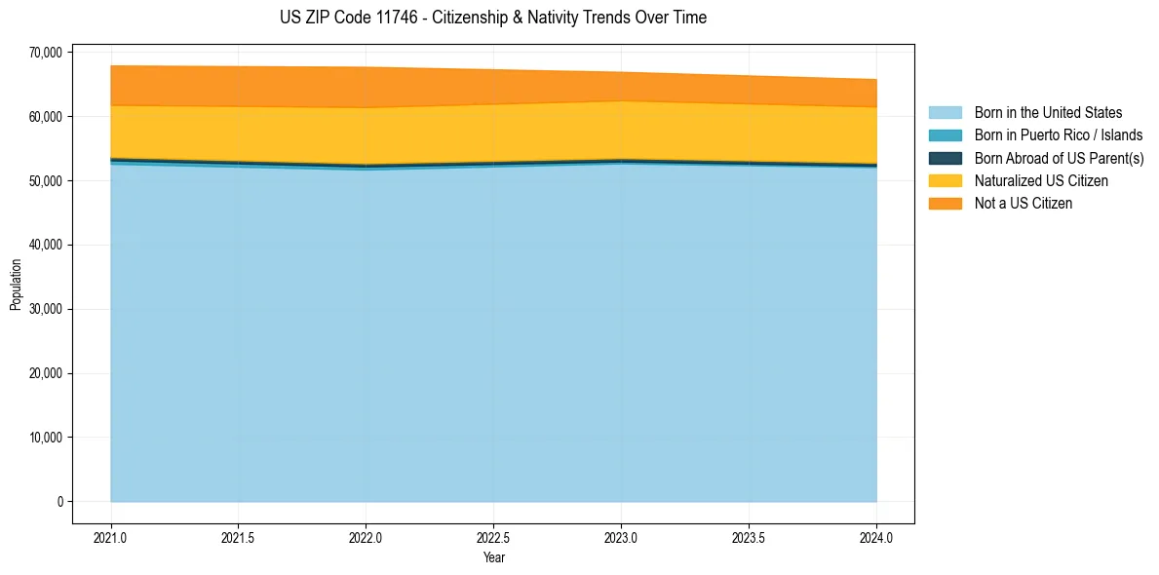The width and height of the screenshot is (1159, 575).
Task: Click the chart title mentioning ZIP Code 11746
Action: (x=493, y=18)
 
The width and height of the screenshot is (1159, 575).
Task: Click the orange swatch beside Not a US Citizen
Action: (x=945, y=204)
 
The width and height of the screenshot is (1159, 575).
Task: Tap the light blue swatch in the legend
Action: (x=945, y=113)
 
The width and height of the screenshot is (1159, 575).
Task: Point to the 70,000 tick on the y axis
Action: (x=46, y=52)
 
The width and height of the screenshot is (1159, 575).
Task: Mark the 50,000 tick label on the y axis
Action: (x=46, y=180)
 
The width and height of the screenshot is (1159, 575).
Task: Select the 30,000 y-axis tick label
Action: (x=46, y=309)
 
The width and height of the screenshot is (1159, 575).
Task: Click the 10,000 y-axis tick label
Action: (x=46, y=438)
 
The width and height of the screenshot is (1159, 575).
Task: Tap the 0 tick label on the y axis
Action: (x=58, y=502)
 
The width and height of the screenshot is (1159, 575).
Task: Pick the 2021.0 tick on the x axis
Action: (x=111, y=537)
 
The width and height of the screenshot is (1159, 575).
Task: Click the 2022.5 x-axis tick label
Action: (x=493, y=537)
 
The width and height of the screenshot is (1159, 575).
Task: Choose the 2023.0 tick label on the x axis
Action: (x=621, y=537)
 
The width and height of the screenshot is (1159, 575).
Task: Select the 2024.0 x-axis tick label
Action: (x=876, y=537)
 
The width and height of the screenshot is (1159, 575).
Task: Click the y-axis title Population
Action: (x=16, y=285)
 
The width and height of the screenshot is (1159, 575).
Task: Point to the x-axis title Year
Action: (x=493, y=558)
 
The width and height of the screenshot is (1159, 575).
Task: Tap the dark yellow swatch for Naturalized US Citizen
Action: (x=945, y=181)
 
